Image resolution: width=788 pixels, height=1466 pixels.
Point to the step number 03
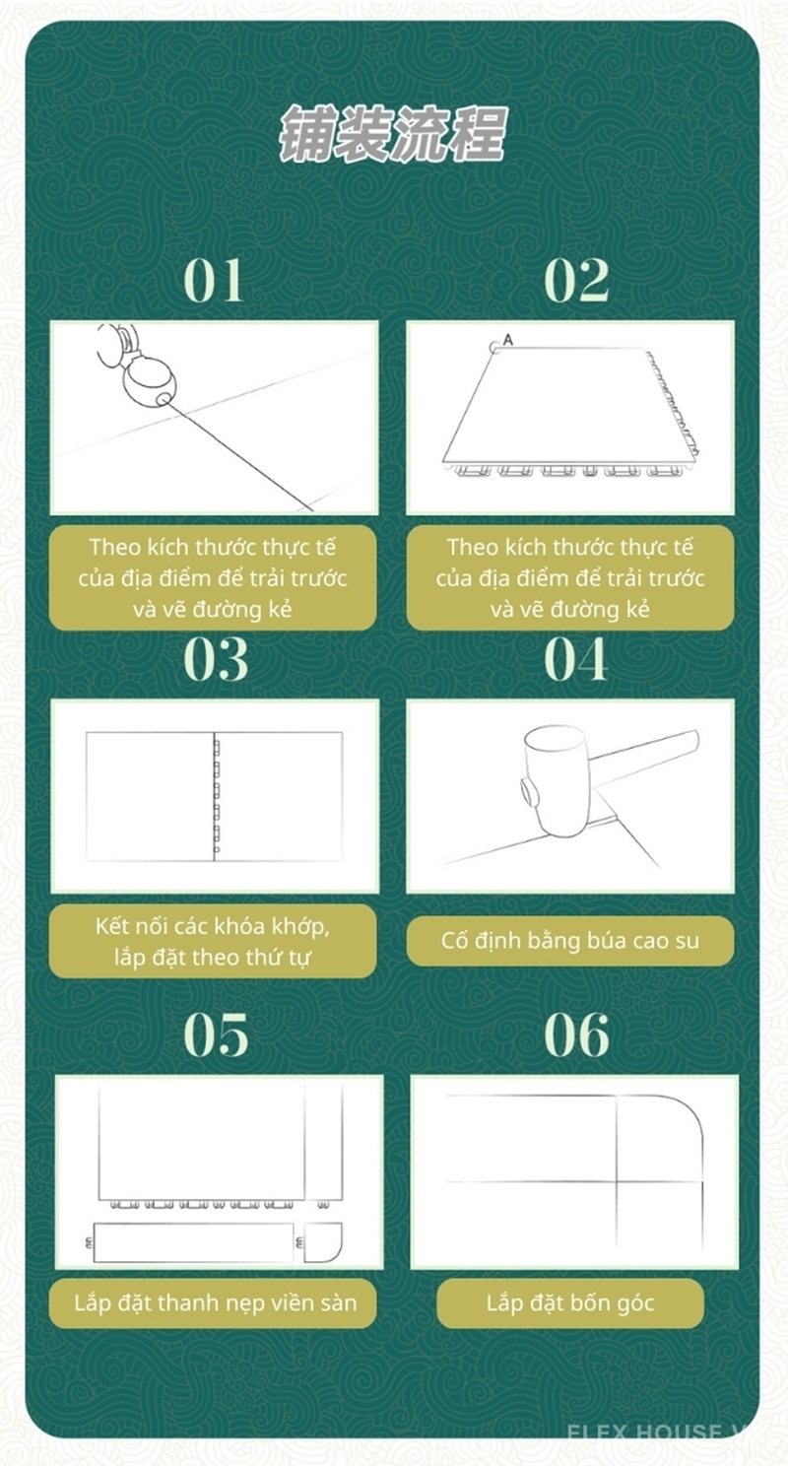tap(214, 659)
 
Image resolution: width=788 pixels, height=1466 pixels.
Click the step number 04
tap(576, 659)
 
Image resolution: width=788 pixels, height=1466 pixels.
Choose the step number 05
tap(216, 1034)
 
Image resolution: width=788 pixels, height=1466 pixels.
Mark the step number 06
tap(576, 1034)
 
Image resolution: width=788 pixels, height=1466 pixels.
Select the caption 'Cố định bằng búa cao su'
tap(570, 940)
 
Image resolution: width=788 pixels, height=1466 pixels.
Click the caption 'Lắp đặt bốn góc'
tap(570, 1303)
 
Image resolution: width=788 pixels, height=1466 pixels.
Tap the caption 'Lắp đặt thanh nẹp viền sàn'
tap(215, 1303)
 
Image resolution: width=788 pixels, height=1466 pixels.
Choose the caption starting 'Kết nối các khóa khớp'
tap(213, 941)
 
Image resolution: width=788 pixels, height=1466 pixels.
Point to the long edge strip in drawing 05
tap(193, 1242)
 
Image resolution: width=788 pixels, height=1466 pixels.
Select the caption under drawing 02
tap(570, 577)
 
